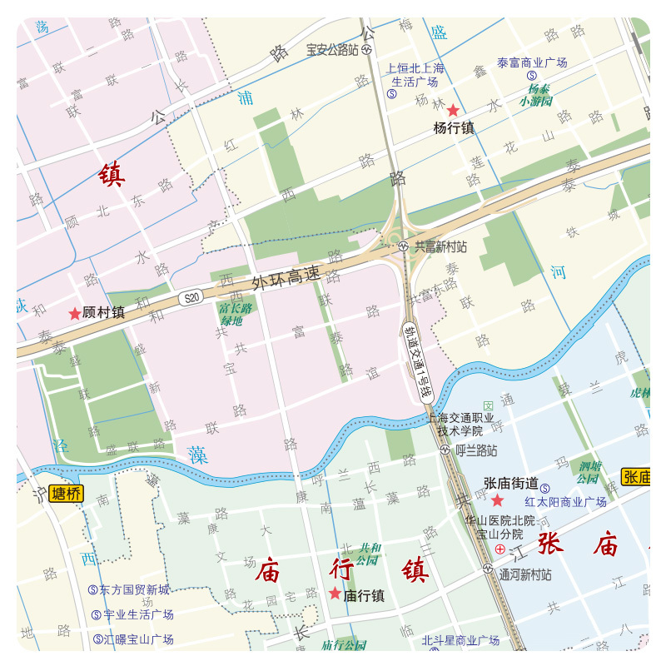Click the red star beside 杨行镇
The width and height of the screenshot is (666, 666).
[x=453, y=110]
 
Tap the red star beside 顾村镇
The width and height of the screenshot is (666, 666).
[x=75, y=314]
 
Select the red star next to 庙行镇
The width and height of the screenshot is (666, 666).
[x=335, y=594]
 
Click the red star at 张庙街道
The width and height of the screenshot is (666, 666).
[x=497, y=500]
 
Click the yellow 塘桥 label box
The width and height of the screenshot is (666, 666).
[x=67, y=494]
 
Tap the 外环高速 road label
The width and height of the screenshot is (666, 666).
[x=286, y=280]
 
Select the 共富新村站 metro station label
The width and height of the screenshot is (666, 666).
[x=439, y=247]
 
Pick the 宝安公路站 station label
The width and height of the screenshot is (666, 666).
[x=332, y=50]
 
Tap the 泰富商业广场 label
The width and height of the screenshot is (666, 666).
[x=531, y=62]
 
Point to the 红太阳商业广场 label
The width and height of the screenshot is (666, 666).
[x=565, y=502]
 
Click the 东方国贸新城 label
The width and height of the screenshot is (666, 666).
[x=134, y=589]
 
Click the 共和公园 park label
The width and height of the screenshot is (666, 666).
[x=369, y=554]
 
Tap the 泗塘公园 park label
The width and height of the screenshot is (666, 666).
[x=589, y=472]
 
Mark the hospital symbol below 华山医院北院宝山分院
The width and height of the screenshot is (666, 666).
[x=499, y=549]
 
